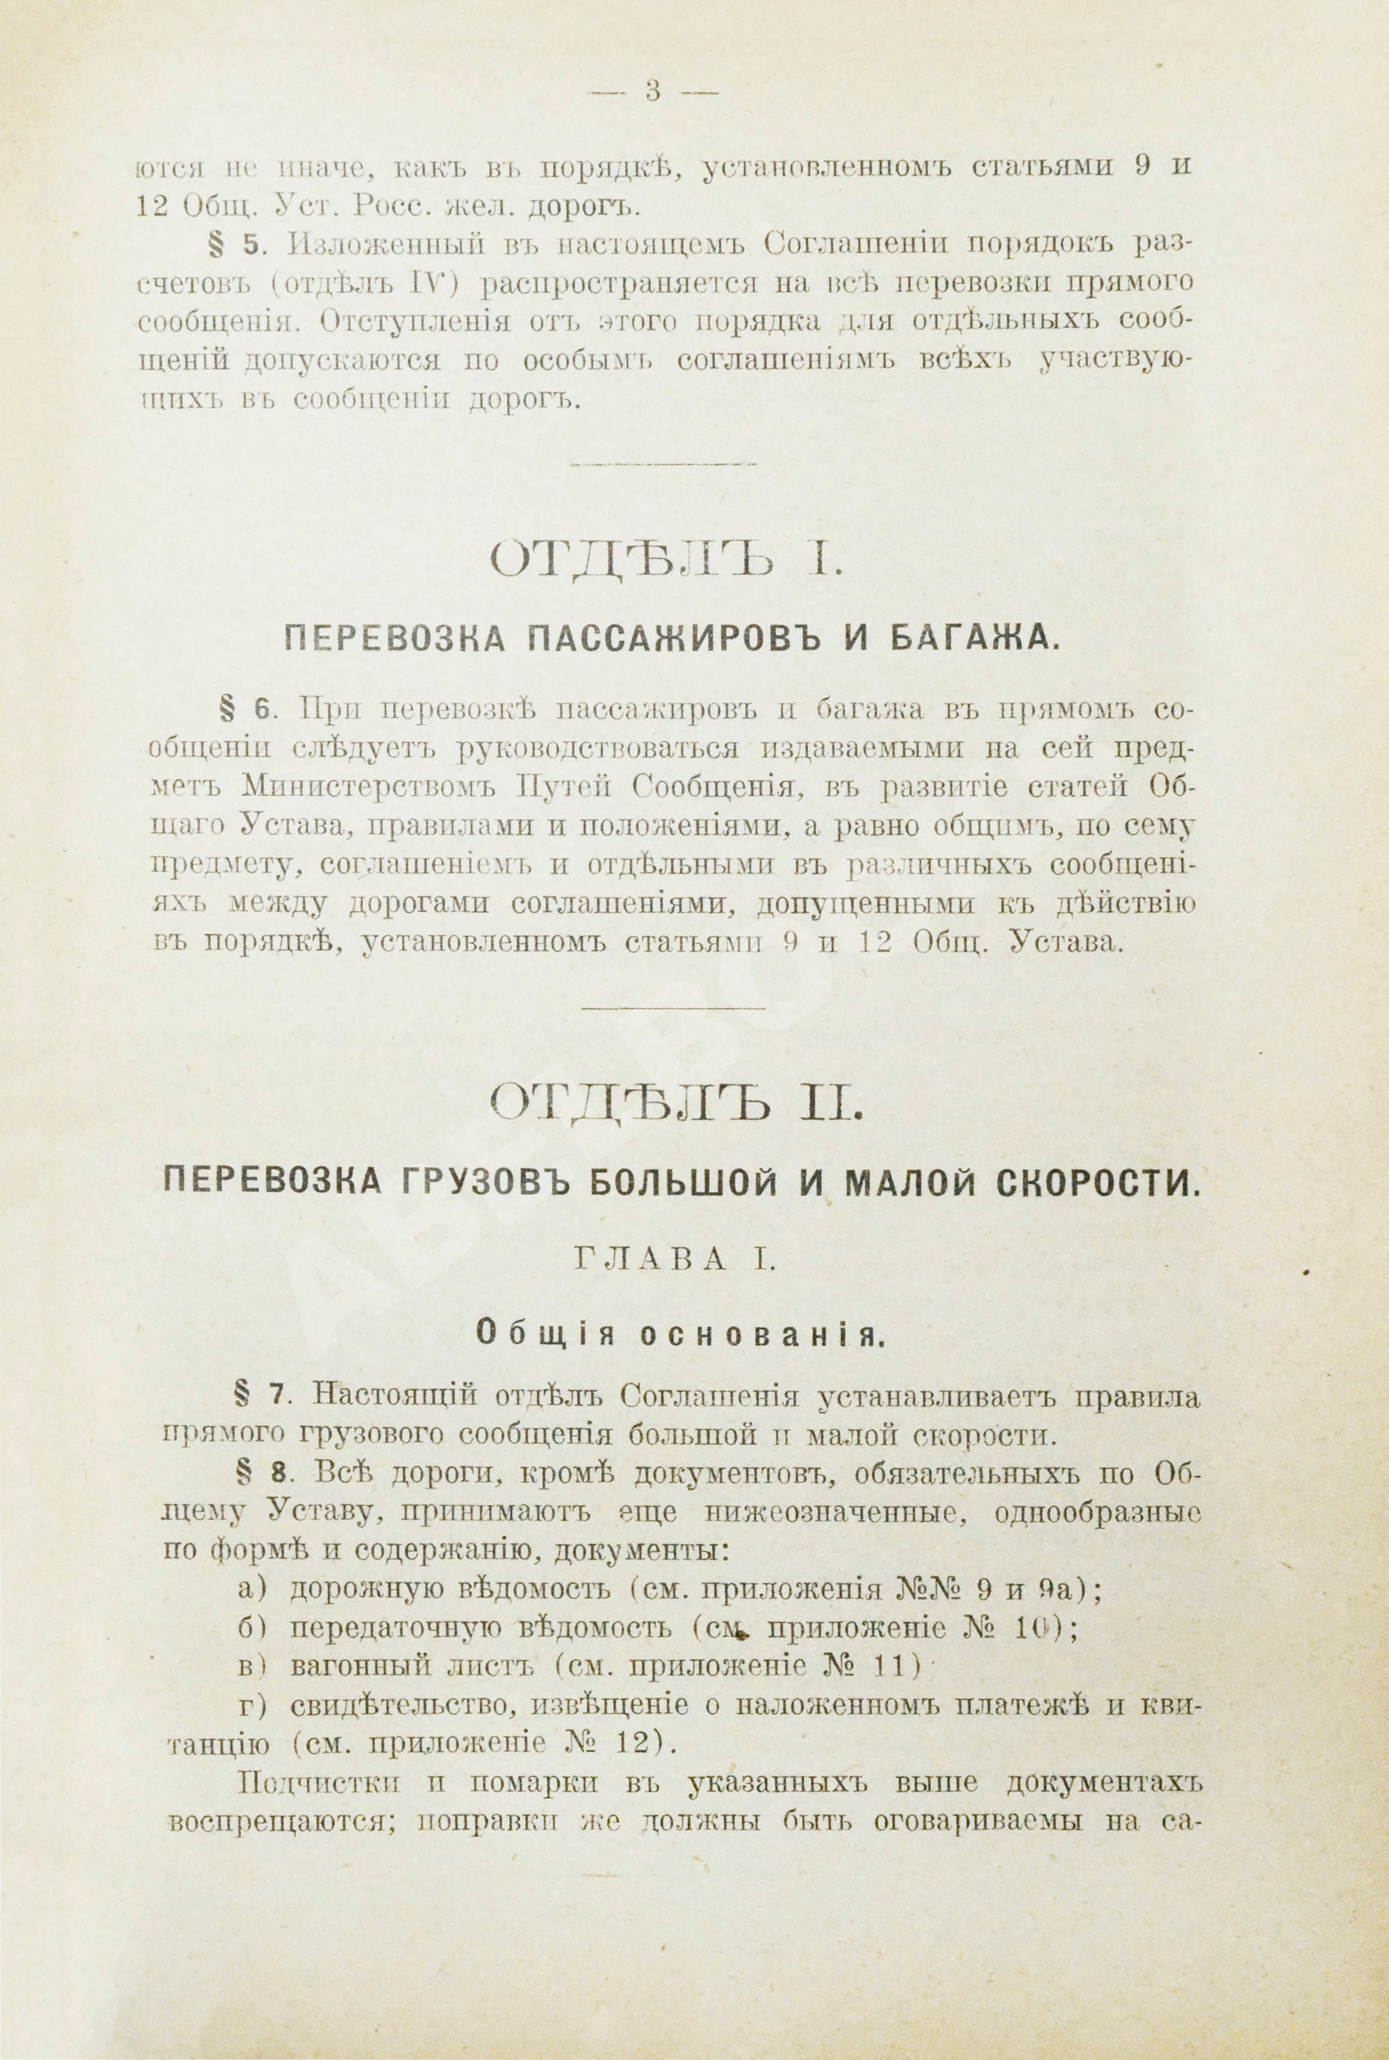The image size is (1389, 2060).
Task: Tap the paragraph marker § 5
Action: pos(238,243)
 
